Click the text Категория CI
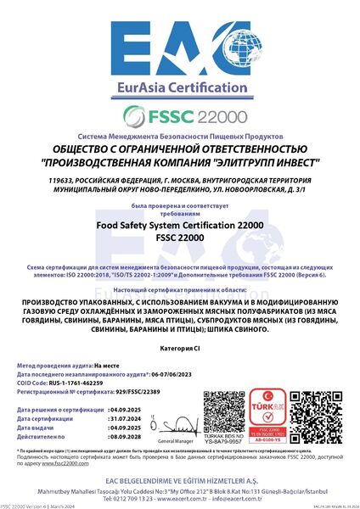coord(179,349)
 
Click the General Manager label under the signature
coord(175,441)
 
